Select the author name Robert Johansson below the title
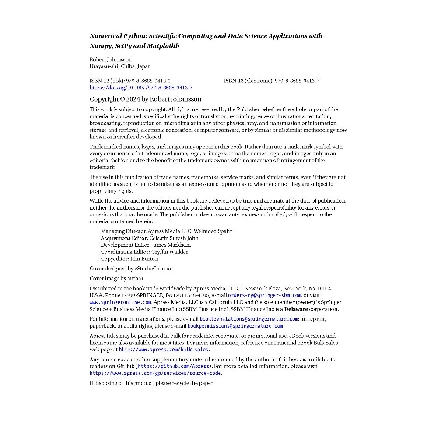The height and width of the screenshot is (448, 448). tap(110, 59)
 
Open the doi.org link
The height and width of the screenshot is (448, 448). tap(141, 87)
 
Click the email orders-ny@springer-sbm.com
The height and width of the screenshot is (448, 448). tap(264, 295)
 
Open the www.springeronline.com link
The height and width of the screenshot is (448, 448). tap(120, 302)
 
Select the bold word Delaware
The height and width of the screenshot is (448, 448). tap(296, 309)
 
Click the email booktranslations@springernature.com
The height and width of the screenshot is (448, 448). tap(248, 319)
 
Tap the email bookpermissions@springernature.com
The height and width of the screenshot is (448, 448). tap(235, 326)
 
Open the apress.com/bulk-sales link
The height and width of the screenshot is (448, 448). tap(164, 350)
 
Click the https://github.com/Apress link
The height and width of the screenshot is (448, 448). tap(174, 366)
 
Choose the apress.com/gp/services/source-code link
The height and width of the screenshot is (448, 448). tap(155, 373)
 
